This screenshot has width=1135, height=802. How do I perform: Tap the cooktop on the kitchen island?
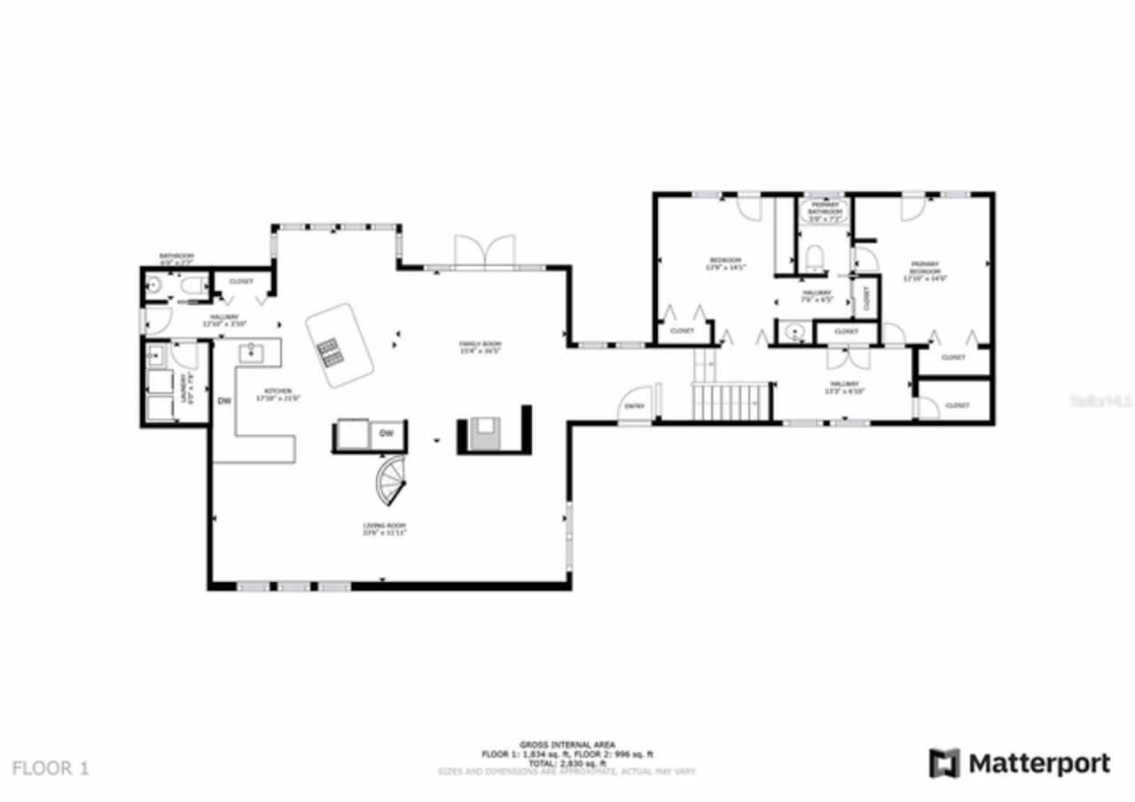click(330, 352)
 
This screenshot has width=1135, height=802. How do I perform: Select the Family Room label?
click(480, 347)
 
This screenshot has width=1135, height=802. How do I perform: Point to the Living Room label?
click(384, 529)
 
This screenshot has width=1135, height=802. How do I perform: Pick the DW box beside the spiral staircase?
click(387, 434)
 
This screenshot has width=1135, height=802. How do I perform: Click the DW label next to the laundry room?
click(224, 401)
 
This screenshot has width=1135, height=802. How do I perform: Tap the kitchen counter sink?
click(252, 354)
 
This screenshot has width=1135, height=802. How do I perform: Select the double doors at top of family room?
click(484, 251)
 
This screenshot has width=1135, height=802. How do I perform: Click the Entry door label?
click(634, 405)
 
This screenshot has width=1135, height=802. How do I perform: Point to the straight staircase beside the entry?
click(728, 402)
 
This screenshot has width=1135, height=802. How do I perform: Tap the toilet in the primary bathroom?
click(814, 257)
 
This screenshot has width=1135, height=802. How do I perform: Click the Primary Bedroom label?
click(925, 271)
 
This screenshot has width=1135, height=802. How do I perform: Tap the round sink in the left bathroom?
click(153, 286)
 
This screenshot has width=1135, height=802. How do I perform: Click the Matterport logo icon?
click(944, 763)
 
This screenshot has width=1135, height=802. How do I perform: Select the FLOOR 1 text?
click(51, 767)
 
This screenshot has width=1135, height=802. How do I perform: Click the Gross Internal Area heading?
click(567, 744)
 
